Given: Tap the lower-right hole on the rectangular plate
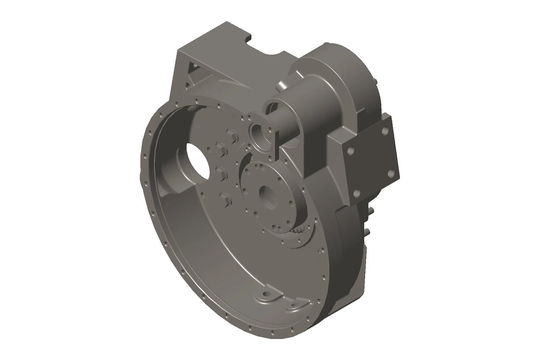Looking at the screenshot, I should [x=391, y=173].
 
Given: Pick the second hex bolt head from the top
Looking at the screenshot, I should [x=219, y=150].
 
